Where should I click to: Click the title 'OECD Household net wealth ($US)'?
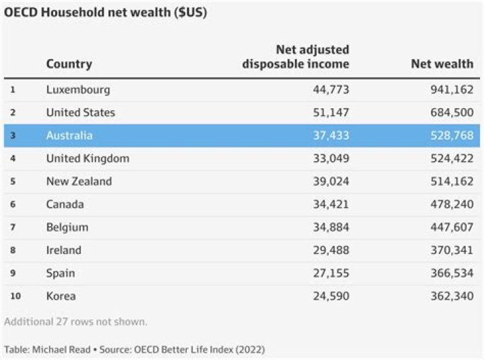click(x=106, y=13)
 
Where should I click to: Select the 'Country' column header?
click(x=69, y=64)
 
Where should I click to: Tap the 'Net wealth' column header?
click(x=442, y=64)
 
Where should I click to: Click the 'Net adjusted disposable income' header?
click(x=296, y=57)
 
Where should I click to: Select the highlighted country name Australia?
click(x=69, y=135)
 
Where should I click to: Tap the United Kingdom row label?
click(x=87, y=159)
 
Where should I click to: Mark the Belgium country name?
click(x=67, y=227)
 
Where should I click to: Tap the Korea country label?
click(x=61, y=296)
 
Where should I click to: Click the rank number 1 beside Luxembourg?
click(x=13, y=89)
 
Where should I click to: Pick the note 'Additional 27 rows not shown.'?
click(x=75, y=321)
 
